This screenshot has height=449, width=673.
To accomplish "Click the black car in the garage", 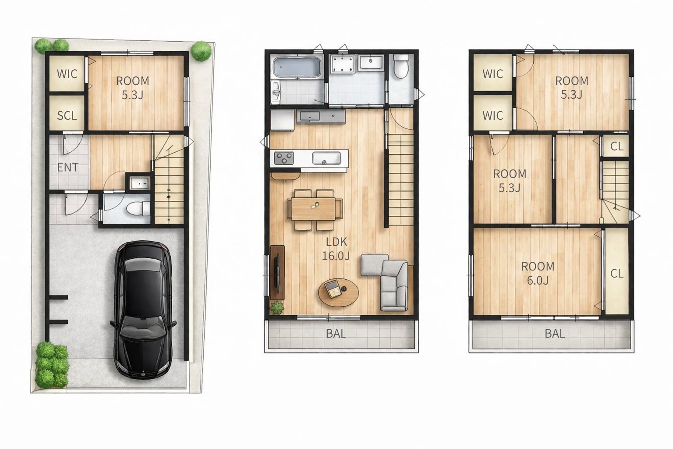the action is pos(143,309).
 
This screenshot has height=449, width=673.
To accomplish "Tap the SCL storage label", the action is pos(67,115).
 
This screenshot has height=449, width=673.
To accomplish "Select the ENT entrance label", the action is pos(67,167).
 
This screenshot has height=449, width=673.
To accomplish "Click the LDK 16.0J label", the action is pos(336,249).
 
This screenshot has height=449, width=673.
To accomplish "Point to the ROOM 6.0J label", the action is pos(538,273).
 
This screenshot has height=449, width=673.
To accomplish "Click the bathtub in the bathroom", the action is pos(297,67).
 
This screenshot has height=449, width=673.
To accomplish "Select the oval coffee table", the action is pos(338,292).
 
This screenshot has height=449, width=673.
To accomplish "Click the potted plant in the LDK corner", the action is pos(277,308).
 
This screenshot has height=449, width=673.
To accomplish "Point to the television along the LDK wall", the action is pos(277,273).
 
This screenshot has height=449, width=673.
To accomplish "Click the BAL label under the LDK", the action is pos(336,334).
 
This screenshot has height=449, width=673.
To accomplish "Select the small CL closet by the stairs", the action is pos(617,146).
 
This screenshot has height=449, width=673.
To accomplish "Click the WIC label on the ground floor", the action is pos(67,74).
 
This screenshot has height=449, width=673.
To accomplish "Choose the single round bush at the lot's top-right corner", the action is pos(201,51).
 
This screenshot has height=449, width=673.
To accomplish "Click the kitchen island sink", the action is pos(326,158).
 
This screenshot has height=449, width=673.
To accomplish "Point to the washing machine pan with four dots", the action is pos(343,64).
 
